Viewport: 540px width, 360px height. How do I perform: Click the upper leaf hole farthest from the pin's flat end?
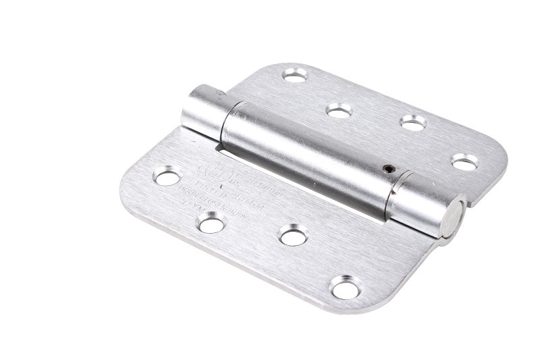click(294, 76)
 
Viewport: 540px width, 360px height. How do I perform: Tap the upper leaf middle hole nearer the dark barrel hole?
click(412, 122)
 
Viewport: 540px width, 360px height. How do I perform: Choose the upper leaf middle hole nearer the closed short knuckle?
click(338, 109)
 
